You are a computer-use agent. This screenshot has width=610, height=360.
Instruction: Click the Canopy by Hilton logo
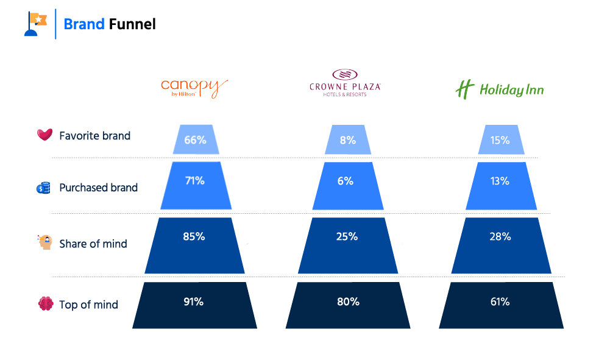194,88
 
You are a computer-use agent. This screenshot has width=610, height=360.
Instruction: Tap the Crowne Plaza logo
345,83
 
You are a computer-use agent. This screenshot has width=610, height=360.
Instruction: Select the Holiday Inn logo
500,90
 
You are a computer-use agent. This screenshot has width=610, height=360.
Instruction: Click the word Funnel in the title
132,24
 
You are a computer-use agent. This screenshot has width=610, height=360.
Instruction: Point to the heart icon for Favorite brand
44,135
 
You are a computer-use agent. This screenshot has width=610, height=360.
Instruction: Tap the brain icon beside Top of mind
45,305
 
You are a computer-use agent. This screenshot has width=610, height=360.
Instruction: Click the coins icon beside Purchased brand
43,188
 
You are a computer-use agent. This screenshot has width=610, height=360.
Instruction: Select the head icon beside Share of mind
44,243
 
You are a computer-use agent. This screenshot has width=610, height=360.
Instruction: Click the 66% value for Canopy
195,139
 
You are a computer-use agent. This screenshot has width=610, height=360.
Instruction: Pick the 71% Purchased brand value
195,181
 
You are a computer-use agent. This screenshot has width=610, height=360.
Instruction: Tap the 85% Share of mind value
194,236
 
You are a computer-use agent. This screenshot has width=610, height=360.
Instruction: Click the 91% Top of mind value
194,302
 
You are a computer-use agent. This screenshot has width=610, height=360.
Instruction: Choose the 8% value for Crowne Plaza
348,139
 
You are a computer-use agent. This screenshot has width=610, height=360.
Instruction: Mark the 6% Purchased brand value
347,181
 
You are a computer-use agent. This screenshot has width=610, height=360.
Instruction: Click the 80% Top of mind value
347,302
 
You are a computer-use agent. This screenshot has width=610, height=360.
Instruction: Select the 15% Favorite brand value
500,139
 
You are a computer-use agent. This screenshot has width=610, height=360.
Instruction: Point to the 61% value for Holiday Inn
500,302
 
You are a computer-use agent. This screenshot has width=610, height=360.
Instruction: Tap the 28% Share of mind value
500,236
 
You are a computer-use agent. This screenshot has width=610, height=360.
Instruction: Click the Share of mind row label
93,244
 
